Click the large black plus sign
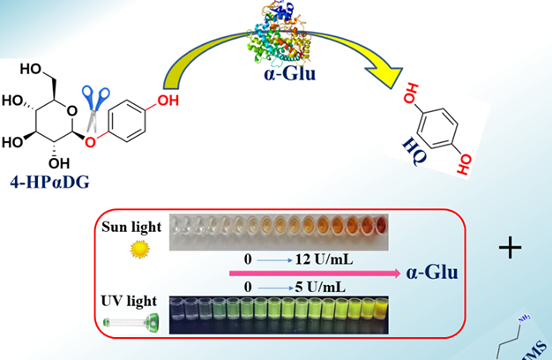pyautogui.click(x=511, y=248)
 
